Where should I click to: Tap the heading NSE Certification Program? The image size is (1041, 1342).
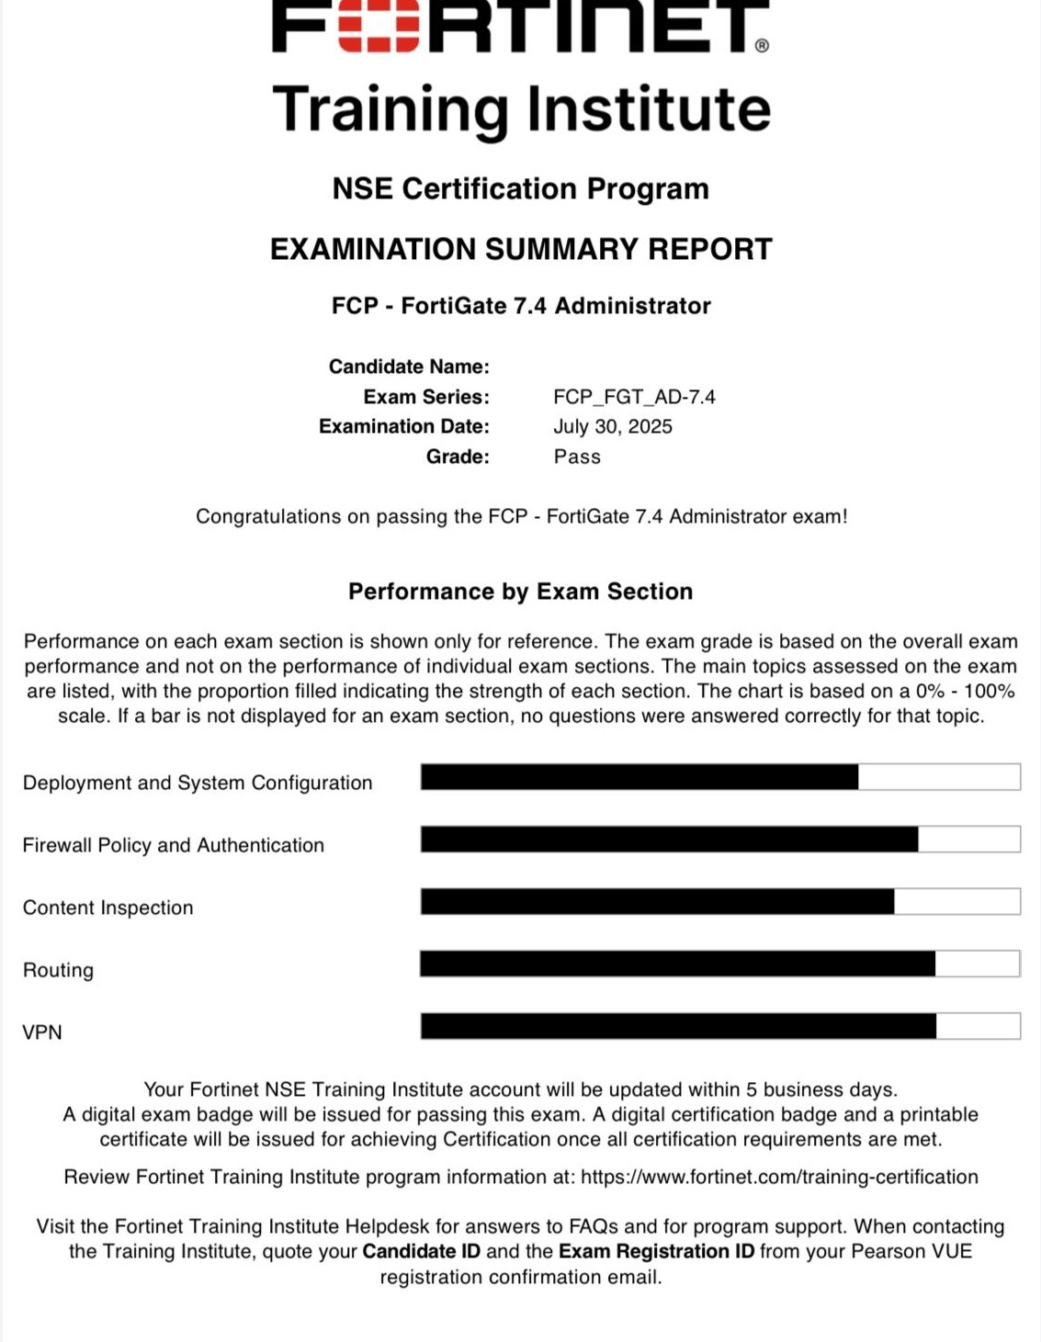[520, 188]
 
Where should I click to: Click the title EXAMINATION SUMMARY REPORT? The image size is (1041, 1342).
[520, 249]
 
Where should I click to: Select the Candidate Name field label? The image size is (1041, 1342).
[409, 367]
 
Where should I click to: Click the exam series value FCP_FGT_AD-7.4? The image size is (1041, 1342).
[634, 397]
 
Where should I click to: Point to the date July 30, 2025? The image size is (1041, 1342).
[612, 426]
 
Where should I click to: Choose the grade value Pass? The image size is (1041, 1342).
[577, 457]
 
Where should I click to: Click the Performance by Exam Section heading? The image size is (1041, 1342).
[520, 592]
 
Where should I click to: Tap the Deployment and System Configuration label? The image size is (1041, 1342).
[198, 783]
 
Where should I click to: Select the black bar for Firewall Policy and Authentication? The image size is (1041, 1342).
[669, 839]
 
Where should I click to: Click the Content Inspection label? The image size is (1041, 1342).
[108, 908]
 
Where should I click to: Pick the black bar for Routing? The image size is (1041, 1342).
[677, 964]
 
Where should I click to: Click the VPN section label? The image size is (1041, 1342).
[42, 1032]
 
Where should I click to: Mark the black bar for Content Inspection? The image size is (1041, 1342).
[657, 901]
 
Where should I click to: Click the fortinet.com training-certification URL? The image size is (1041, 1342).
[779, 1177]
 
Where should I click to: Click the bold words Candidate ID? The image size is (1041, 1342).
[421, 1251]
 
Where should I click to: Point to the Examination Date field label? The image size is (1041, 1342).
[404, 426]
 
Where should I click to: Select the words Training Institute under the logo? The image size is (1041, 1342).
[521, 109]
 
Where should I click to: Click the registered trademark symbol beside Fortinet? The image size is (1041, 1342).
[762, 46]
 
